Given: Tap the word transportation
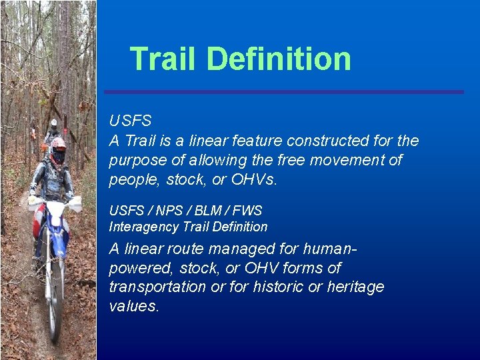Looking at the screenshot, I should tap(157, 287).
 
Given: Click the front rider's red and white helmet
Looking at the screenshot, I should tap(59, 149).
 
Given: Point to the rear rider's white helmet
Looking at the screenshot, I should tap(53, 125).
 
